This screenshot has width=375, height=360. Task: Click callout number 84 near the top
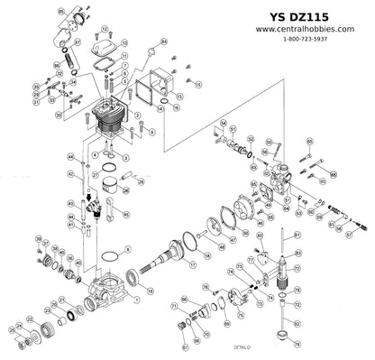pyautogui.click(x=165, y=42)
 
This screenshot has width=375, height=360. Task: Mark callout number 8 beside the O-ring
pyautogui.click(x=128, y=248)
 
